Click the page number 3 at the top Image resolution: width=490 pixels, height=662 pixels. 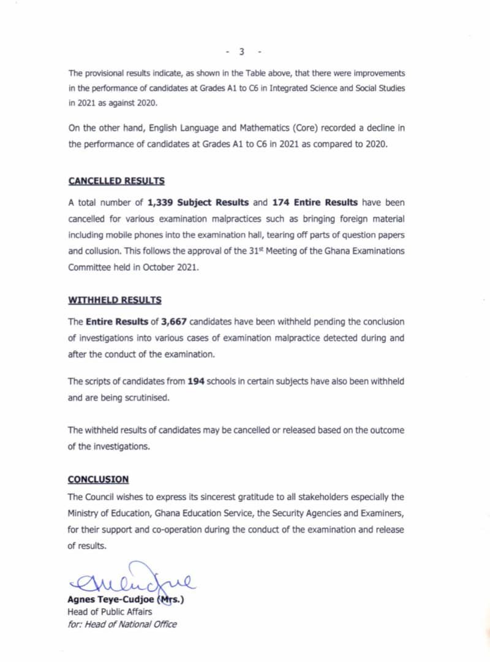pyautogui.click(x=242, y=51)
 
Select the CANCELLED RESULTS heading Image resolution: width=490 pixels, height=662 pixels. pyautogui.click(x=116, y=181)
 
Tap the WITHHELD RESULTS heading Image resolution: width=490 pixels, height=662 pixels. pyautogui.click(x=115, y=300)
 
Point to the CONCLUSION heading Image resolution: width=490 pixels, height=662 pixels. pyautogui.click(x=98, y=479)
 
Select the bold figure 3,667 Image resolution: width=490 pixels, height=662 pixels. pyautogui.click(x=170, y=321)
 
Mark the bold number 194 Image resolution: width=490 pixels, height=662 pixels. pyautogui.click(x=196, y=381)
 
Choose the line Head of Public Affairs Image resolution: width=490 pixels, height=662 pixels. pyautogui.click(x=110, y=612)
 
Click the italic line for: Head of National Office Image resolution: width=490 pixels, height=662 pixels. pyautogui.click(x=122, y=624)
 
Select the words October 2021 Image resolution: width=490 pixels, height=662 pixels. pyautogui.click(x=170, y=267)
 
